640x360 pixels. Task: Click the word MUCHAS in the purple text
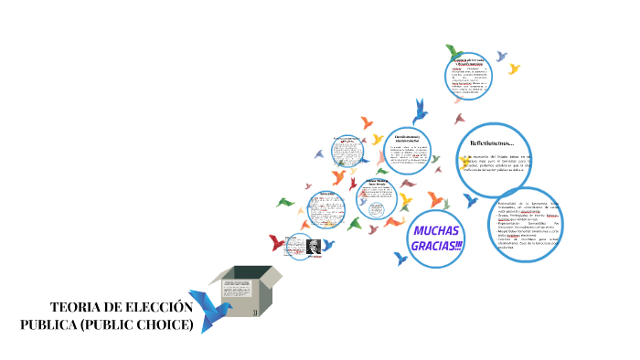(x=435, y=230)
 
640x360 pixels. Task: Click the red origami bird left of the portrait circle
(x=277, y=242)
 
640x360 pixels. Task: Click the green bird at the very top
(x=453, y=50)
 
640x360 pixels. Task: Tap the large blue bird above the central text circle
(x=421, y=111)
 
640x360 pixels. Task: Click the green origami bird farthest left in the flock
(x=287, y=201)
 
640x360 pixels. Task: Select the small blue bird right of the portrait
(x=327, y=245)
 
